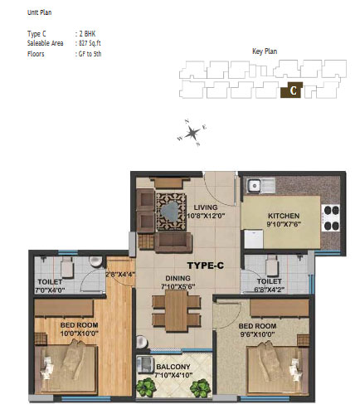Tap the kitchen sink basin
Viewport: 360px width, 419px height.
coord(253,185)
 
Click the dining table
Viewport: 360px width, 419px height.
coord(176,310)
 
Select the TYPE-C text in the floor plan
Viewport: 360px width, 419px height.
coord(206,266)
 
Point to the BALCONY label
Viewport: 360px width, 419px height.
coord(173,367)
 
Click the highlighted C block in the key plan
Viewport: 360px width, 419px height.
coord(291,90)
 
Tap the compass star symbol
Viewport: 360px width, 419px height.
coord(192,133)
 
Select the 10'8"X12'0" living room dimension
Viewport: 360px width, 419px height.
coord(206,216)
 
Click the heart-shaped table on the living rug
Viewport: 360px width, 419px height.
coord(170,212)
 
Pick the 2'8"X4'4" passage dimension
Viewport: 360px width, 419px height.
coord(120,275)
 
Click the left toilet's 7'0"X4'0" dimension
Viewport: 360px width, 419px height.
coord(50,290)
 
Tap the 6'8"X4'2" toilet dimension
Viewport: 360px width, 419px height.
coord(269,290)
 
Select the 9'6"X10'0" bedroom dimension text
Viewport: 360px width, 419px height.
coord(257,334)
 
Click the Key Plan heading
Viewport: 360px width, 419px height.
coord(265,51)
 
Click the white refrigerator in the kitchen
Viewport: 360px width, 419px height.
coord(254,239)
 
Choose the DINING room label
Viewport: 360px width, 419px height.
coord(178,278)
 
